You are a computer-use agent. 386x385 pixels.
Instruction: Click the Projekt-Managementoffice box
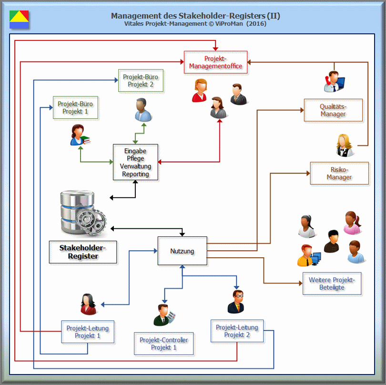pos(215,62)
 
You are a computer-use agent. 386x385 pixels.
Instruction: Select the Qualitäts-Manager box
pos(333,110)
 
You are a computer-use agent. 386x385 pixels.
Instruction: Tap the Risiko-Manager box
pos(339,173)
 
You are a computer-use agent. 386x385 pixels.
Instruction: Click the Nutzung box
pos(182,251)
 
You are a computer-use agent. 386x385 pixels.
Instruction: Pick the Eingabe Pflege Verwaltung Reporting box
pos(135,162)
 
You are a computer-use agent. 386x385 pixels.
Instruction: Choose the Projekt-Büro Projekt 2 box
pos(141,81)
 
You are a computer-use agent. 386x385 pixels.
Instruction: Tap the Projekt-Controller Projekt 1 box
pos(164,344)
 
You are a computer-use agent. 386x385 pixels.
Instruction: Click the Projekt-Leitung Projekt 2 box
pos(237,331)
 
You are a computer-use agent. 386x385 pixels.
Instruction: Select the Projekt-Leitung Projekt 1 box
pos(87,332)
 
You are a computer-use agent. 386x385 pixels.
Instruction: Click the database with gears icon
pos(82,213)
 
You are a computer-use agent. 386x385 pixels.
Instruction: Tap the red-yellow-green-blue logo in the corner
pos(19,19)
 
